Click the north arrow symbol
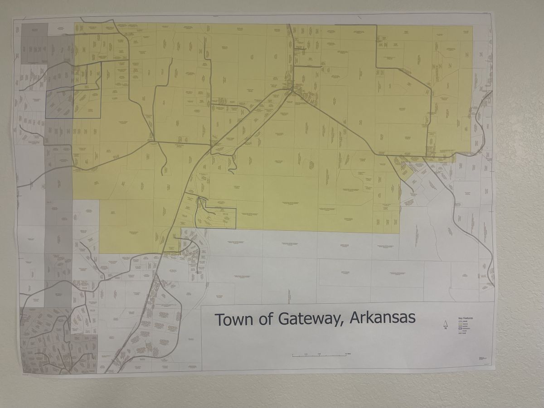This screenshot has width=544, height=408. click(445, 324)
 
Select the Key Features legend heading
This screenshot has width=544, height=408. click(466, 318)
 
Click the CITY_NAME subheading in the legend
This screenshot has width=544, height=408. click(463, 321)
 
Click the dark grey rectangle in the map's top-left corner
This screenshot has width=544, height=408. click(34, 43)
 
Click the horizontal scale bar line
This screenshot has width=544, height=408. click(320, 356)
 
